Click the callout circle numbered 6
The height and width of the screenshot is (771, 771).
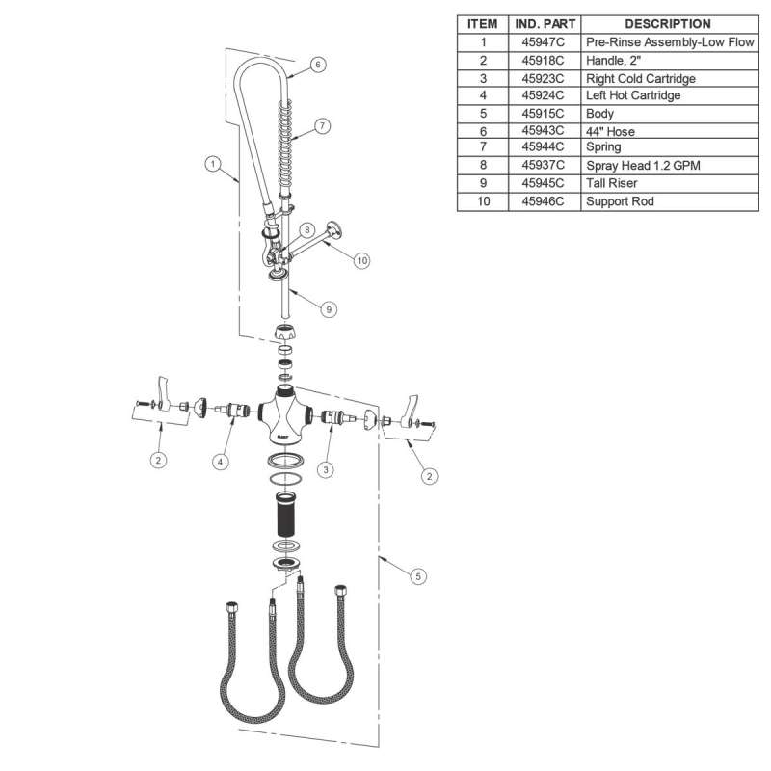coord(318,65)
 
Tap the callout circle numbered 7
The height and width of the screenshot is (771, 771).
coord(322,126)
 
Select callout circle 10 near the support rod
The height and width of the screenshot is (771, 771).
coord(362,260)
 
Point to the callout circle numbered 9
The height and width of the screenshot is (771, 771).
coord(329,309)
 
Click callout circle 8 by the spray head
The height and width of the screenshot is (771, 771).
coord(306,229)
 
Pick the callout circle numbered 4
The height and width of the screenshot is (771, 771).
coord(221,462)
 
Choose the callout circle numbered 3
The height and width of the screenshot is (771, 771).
coord(326,469)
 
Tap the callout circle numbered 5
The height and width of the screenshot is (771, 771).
coord(418,576)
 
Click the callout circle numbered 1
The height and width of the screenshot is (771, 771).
coord(212,163)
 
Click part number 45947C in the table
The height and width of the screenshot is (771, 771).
coord(543,42)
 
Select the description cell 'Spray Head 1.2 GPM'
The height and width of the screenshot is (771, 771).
coord(643,165)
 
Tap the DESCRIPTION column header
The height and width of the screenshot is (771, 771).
coord(668,24)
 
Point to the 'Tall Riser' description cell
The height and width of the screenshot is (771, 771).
coord(612,183)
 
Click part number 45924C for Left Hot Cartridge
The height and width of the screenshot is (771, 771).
coord(543,95)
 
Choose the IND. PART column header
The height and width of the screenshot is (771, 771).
coord(545,24)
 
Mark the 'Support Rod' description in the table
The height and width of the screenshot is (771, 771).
coord(620,201)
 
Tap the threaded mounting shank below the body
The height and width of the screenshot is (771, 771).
coord(285,514)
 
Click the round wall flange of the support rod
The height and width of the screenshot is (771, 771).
coord(334,229)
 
